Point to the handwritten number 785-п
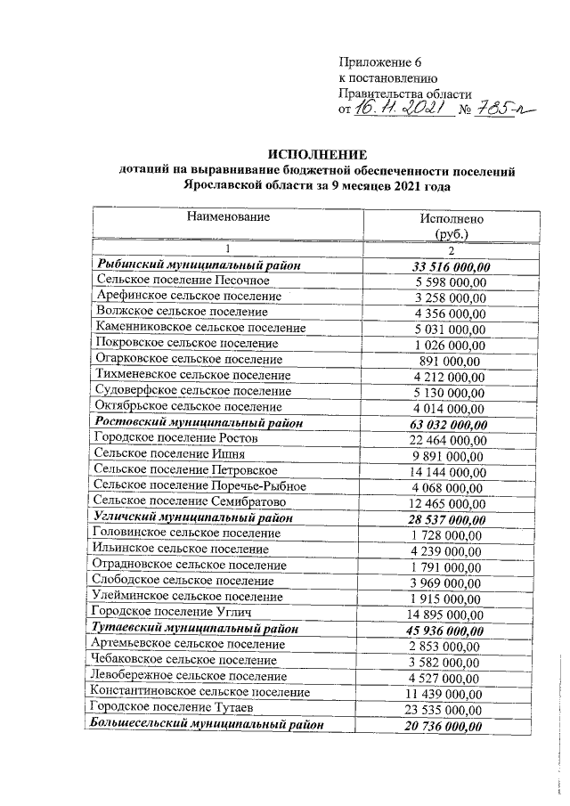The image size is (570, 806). pos(503,108)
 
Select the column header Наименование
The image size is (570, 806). pos(228,216)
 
